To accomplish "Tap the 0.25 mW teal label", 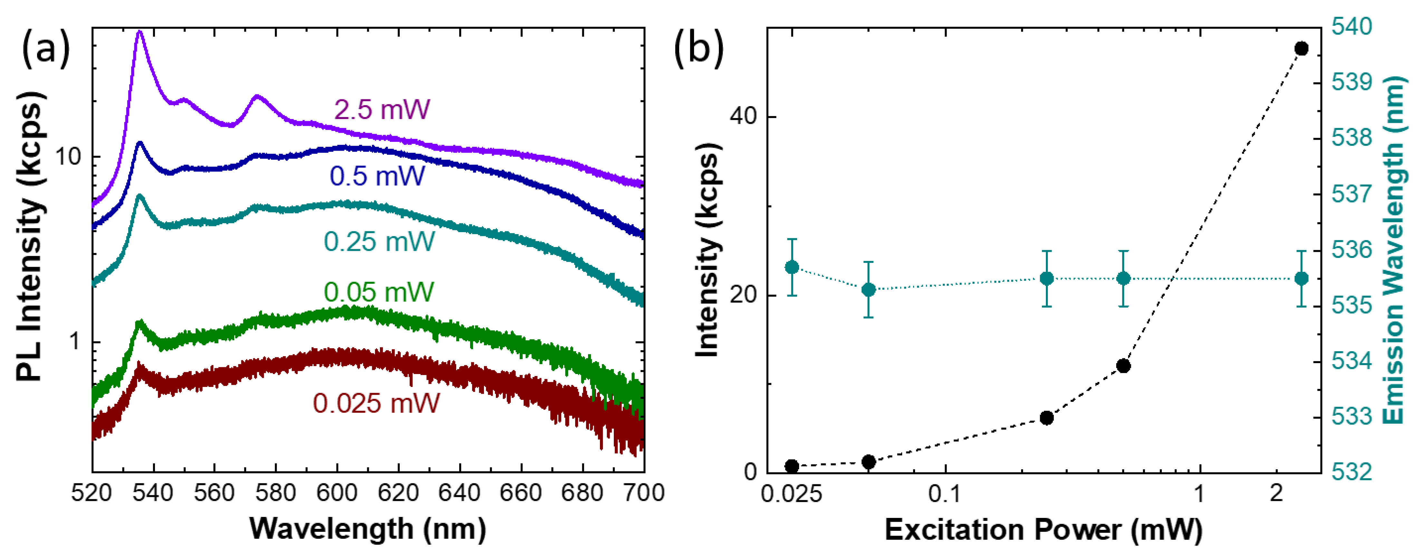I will pos(379,242).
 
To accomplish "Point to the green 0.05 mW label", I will pos(379,292).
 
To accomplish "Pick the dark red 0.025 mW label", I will pos(376,403).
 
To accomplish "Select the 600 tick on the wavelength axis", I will pos(337,492).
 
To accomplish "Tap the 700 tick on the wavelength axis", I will pos(643,492).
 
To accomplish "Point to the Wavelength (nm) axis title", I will pos(368,529).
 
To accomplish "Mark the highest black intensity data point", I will pos(1302,48).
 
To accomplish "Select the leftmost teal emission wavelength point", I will pos(792,267).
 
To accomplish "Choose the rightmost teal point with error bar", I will pos(1302,278).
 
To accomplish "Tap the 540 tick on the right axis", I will pos(1352,26).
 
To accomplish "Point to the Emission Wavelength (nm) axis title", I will pos(1394,251).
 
